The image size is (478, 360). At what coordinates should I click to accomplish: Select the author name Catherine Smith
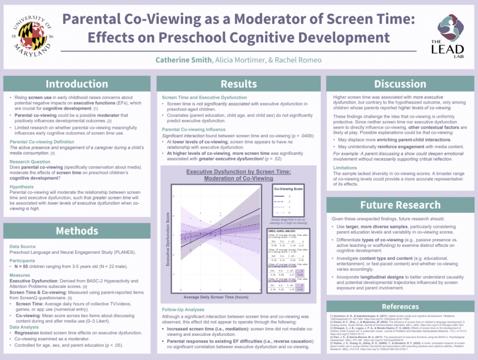tap(183, 60)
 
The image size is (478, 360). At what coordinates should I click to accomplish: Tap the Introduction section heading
tap(77, 84)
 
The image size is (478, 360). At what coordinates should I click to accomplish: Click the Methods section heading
tap(77, 231)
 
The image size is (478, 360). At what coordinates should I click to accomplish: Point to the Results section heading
tap(239, 84)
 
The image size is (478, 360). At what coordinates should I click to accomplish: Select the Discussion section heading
tap(400, 84)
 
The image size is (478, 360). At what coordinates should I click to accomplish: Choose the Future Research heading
tap(400, 205)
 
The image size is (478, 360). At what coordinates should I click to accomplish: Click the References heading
tap(400, 306)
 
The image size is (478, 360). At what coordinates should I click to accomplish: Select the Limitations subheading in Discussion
tap(345, 168)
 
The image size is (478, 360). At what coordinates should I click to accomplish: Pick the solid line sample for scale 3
tap(280, 196)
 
